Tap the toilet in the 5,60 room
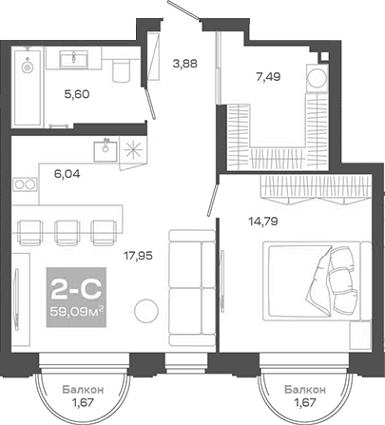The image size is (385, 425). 119,71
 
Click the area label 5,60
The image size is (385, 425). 76,94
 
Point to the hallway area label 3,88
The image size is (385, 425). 184,65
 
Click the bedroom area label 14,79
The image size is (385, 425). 237,224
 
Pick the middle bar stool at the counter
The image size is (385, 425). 66,231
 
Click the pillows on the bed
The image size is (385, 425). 337,277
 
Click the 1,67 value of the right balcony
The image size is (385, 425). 307,402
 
